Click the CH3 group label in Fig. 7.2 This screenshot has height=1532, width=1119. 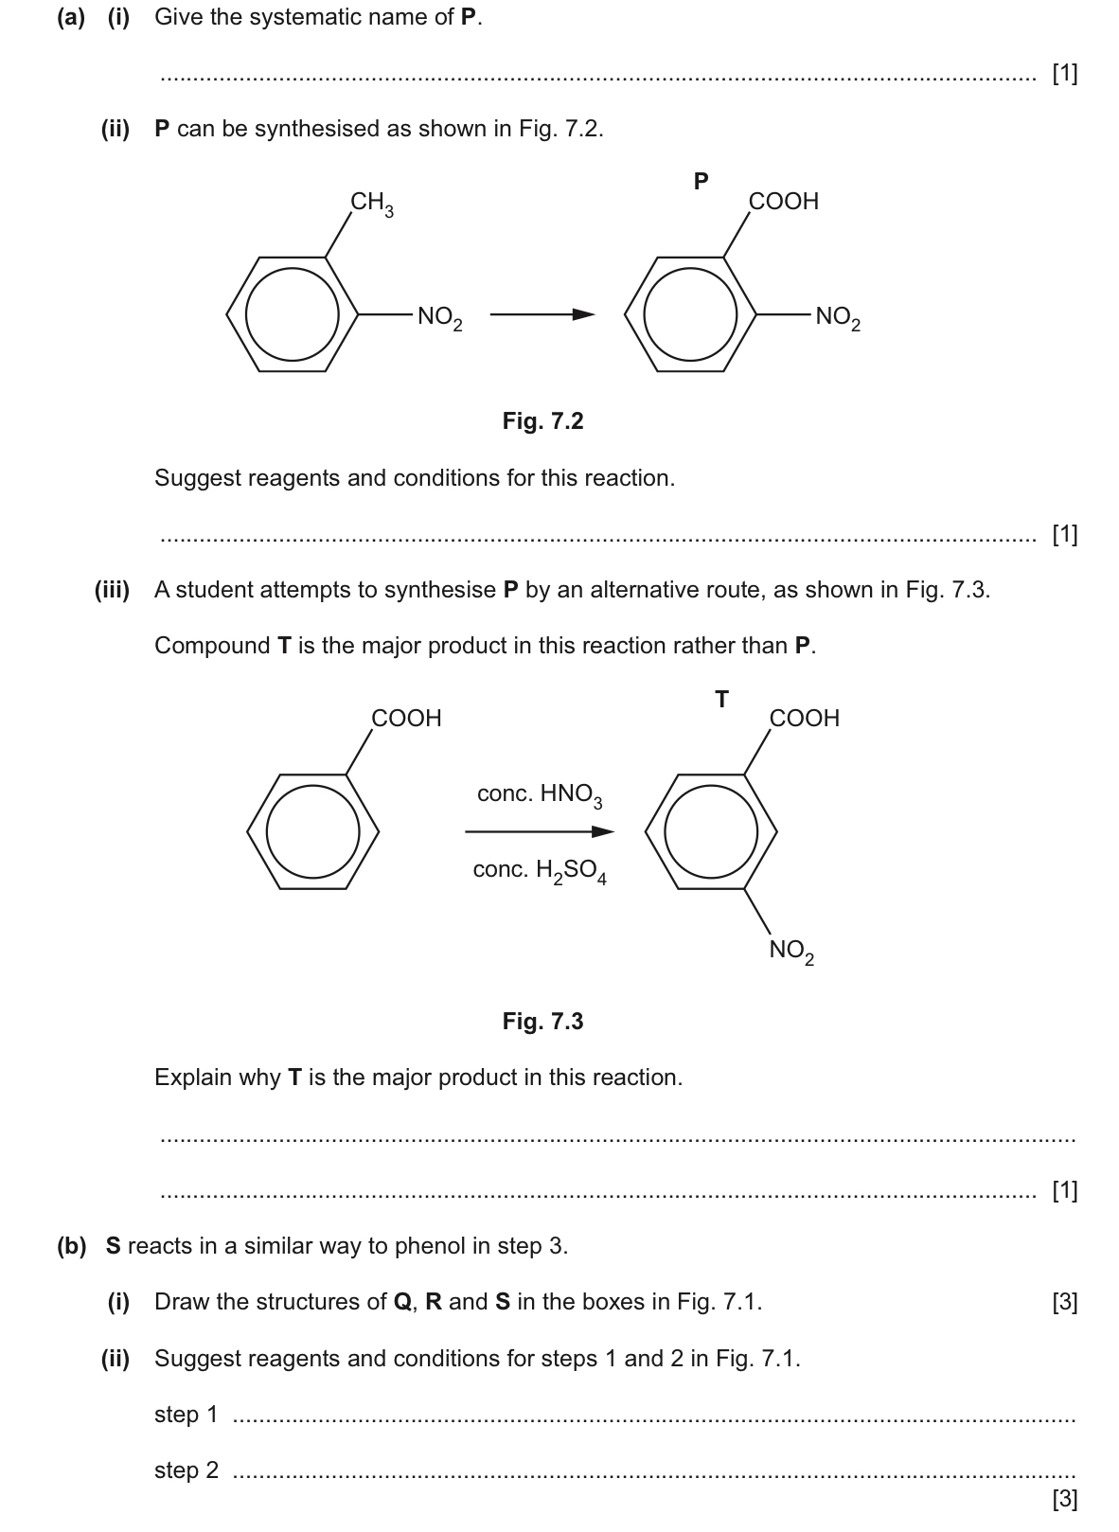pyautogui.click(x=372, y=204)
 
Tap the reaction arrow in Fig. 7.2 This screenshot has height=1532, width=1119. pyautogui.click(x=542, y=315)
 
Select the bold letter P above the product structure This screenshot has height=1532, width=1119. pyautogui.click(x=701, y=181)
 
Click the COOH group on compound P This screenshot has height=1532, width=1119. pyautogui.click(x=783, y=201)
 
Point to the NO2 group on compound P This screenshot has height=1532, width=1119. pyautogui.click(x=838, y=317)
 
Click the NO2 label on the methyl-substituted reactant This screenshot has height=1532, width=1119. pyautogui.click(x=439, y=317)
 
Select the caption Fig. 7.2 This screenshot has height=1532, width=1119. pyautogui.click(x=542, y=420)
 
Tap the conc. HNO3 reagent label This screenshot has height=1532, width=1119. pyautogui.click(x=539, y=794)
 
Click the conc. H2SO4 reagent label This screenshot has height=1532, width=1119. pyautogui.click(x=539, y=870)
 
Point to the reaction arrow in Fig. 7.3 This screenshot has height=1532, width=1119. pyautogui.click(x=540, y=832)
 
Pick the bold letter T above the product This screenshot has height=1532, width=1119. pyautogui.click(x=721, y=700)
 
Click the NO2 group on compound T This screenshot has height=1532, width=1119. pyautogui.click(x=791, y=951)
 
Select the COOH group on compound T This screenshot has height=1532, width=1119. pyautogui.click(x=804, y=718)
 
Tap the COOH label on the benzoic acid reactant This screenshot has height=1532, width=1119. pyautogui.click(x=406, y=718)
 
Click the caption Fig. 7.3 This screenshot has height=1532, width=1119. pyautogui.click(x=542, y=1021)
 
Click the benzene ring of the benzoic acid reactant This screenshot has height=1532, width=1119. pyautogui.click(x=313, y=832)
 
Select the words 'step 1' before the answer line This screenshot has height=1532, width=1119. pyautogui.click(x=186, y=1414)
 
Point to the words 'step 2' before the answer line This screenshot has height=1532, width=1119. pyautogui.click(x=186, y=1470)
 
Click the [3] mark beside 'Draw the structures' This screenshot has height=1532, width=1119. pyautogui.click(x=1064, y=1302)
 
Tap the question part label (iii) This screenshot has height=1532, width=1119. pyautogui.click(x=113, y=590)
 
